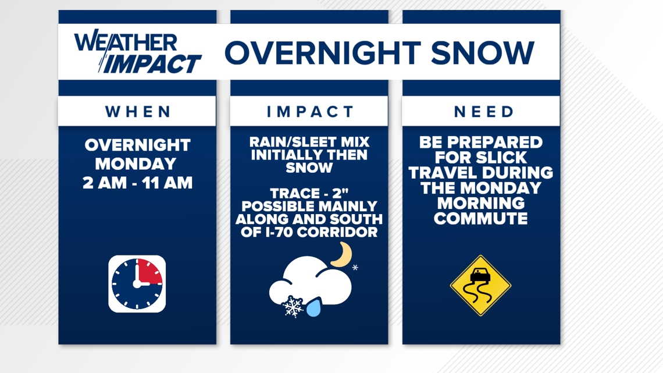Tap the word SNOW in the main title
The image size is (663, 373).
tap(483, 53)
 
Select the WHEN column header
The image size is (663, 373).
tap(138, 112)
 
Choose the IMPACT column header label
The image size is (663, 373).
tap(310, 112)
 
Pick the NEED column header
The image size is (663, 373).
tap(484, 112)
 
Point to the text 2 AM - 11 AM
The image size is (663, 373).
tap(137, 183)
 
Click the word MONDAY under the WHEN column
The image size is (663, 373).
tap(136, 164)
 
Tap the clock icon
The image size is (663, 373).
tap(137, 284)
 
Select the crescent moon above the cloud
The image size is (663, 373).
tap(343, 255)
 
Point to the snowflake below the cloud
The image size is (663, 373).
tap(293, 307)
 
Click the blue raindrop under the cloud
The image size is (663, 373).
tap(313, 307)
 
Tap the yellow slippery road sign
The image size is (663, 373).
tap(481, 286)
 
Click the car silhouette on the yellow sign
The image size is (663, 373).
tap(480, 275)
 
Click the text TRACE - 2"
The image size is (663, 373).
tap(309, 193)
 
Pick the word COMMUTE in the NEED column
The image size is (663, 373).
tap(481, 219)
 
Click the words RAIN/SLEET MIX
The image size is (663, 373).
tap(309, 141)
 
